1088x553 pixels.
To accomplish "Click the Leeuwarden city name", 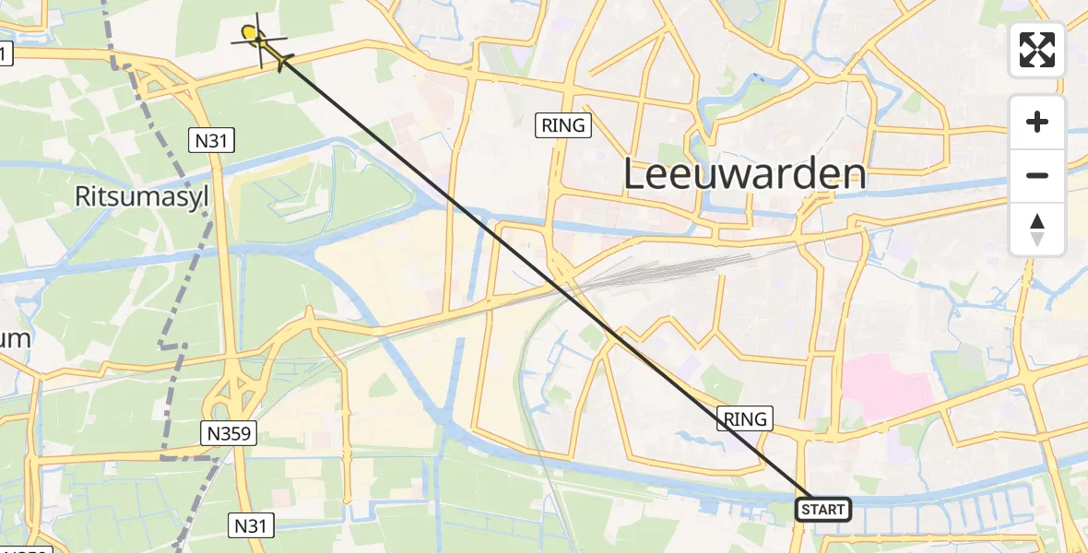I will tap(745, 173).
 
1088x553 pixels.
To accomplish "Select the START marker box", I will tap(822, 509).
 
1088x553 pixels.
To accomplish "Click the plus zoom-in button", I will tap(1037, 122).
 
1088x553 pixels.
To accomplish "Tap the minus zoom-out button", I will tap(1037, 175).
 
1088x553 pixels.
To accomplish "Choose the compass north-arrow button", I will tap(1037, 229).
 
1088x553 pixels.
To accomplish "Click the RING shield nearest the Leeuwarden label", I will tap(563, 124).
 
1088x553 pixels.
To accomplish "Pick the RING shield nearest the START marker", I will tap(745, 418).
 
